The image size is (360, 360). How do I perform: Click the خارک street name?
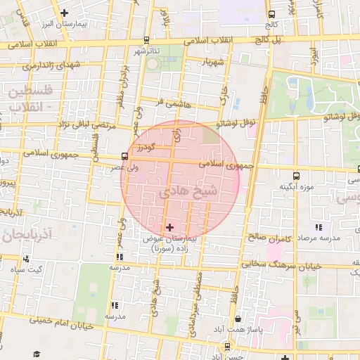224,93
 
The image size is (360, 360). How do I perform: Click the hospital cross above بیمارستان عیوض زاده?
169,227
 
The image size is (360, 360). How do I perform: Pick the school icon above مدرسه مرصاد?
319,227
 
